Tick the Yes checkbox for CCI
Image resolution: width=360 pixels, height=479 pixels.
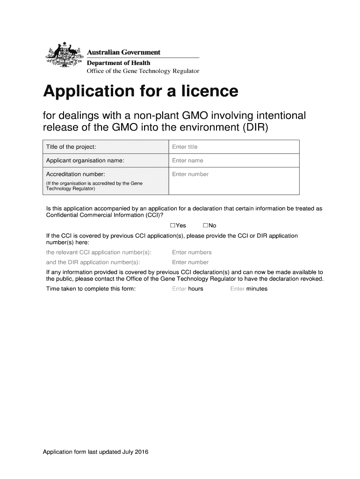click(x=173, y=225)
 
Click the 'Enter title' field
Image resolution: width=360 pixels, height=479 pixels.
click(x=185, y=147)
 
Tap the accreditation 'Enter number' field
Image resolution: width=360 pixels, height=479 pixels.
click(x=190, y=174)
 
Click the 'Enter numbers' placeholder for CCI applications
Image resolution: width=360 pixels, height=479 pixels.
click(x=192, y=253)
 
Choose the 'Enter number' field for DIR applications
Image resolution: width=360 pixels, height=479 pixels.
click(x=190, y=262)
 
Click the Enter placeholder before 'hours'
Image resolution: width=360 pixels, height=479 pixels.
click(x=179, y=289)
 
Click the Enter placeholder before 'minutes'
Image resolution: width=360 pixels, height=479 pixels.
click(x=238, y=289)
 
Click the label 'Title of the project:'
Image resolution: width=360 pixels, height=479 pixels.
click(x=71, y=147)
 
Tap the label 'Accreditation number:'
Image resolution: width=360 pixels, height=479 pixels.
click(x=75, y=174)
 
